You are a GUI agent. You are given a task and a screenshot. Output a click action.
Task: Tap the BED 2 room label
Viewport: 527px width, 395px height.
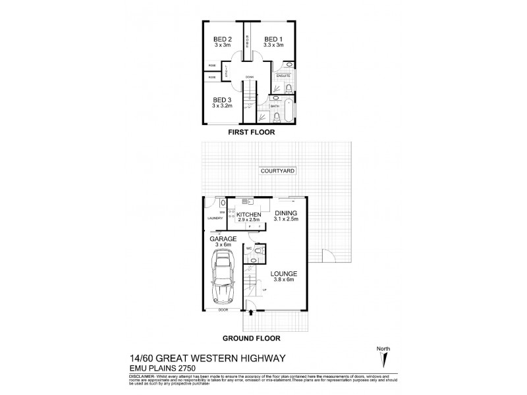tap(221, 39)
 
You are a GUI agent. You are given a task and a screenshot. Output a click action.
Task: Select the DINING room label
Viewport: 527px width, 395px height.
tap(287, 213)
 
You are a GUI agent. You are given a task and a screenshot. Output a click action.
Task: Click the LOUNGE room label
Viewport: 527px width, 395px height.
tap(285, 273)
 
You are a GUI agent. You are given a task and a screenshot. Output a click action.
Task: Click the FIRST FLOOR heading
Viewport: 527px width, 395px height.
tap(252, 132)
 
